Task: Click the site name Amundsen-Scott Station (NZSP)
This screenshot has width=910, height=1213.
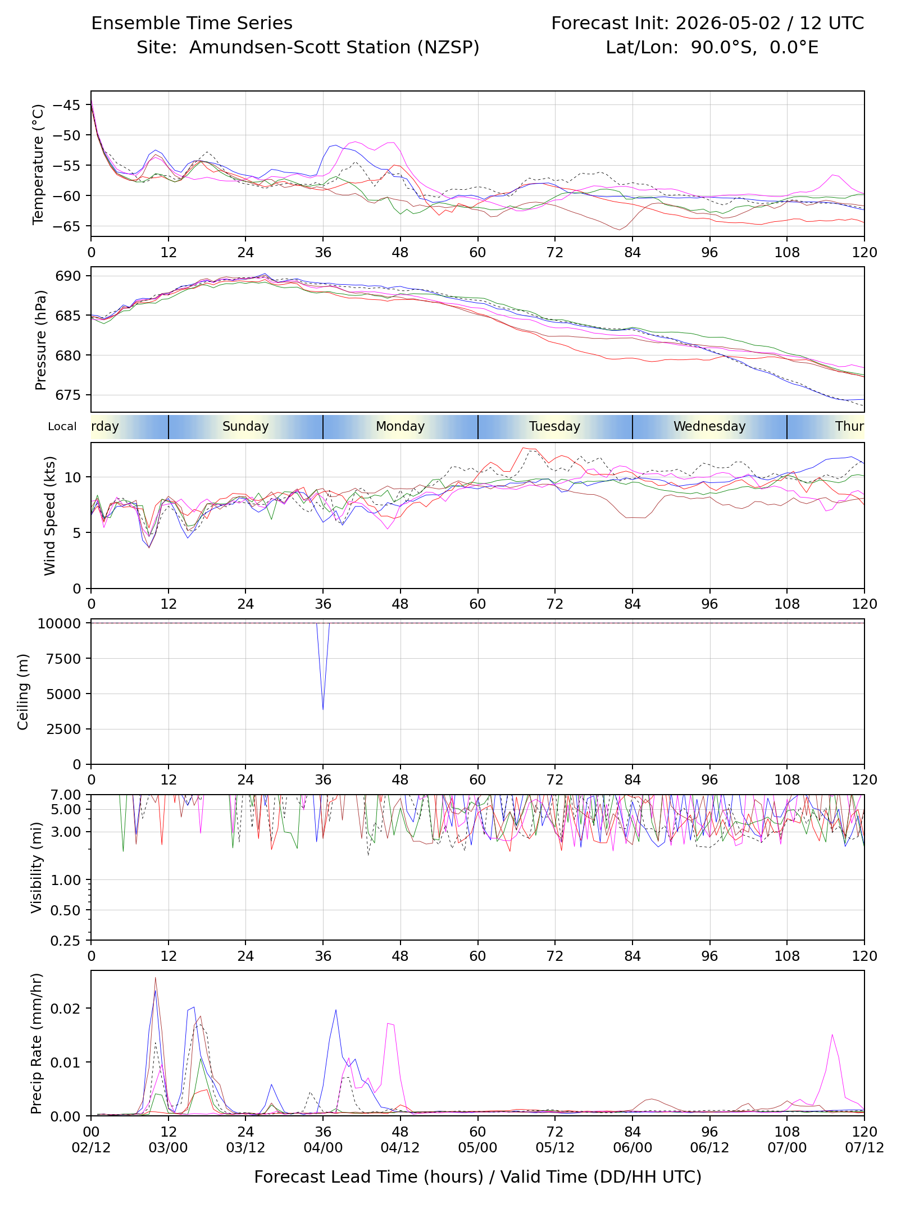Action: click(334, 47)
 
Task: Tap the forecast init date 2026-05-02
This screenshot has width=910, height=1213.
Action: click(728, 23)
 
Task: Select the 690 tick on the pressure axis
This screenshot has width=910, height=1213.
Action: click(68, 276)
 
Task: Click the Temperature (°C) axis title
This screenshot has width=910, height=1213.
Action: click(38, 164)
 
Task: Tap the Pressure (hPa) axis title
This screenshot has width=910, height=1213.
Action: click(40, 340)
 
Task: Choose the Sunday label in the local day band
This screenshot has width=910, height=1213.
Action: click(245, 426)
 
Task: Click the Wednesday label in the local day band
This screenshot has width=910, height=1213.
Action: click(709, 426)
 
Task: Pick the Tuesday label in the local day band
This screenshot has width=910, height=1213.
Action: click(554, 426)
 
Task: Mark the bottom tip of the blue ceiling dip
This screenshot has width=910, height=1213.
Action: click(323, 710)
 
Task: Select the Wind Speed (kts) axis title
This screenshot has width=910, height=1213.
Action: click(50, 516)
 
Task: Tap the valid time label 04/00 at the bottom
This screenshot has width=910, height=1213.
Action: click(323, 1147)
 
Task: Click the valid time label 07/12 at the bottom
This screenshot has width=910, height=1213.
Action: click(865, 1147)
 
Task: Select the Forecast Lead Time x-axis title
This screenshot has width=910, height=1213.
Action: click(477, 1177)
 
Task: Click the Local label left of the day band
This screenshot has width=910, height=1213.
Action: click(62, 426)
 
